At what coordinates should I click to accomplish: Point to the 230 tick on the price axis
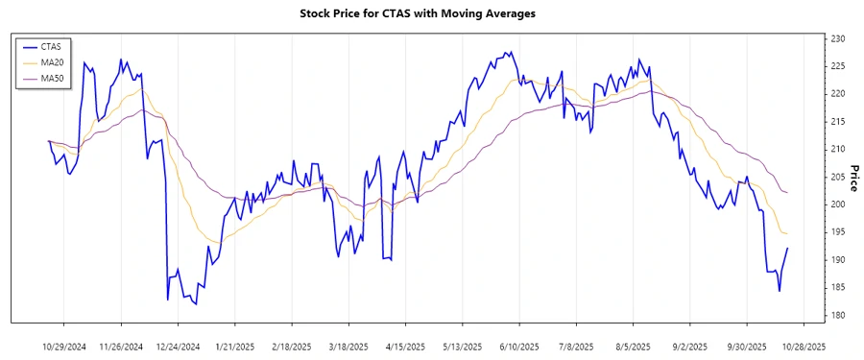point(837,38)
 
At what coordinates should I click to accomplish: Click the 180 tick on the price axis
point(837,315)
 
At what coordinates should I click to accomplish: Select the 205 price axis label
point(837,177)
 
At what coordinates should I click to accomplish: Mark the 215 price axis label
point(837,122)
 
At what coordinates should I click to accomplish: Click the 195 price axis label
point(837,232)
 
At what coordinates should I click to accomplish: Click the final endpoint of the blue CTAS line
point(788,249)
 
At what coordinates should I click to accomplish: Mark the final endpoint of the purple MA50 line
point(788,193)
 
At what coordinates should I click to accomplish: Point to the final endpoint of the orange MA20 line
point(788,234)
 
